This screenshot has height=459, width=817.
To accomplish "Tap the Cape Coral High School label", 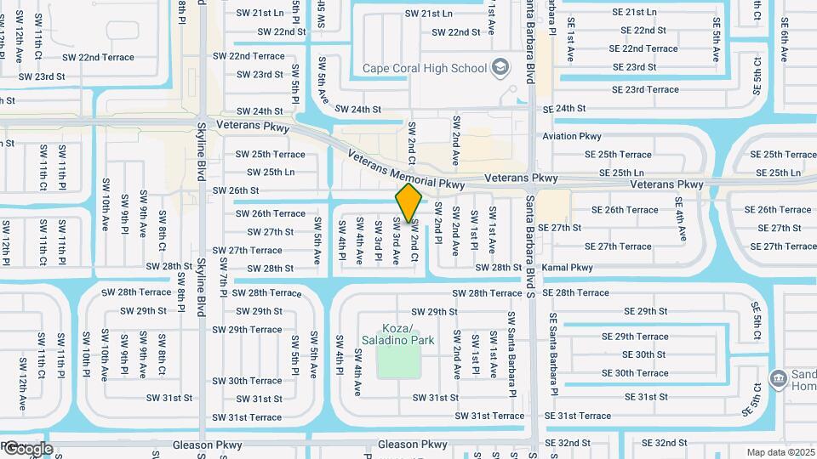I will coord(423,68).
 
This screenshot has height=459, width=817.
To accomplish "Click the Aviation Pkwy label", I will coord(572,136).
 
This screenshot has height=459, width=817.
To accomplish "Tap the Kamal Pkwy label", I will coord(567,268).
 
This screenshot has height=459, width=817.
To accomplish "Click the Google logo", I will coord(27,448).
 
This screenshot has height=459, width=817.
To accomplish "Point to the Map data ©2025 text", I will coord(780,452).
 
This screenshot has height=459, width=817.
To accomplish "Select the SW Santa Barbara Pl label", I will coord(511,354).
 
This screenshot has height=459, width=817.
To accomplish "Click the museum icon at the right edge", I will coord(777,377).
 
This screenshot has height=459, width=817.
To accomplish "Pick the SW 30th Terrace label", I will coord(247,381).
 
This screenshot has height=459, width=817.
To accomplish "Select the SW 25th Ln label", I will coord(266,172).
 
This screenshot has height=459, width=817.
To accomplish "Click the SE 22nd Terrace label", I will coord(644,48).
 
